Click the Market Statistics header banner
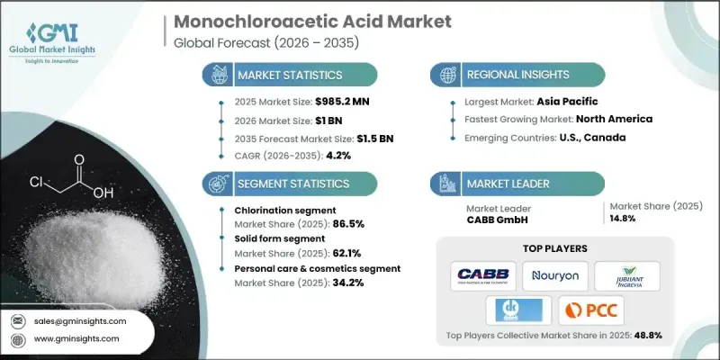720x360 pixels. click(x=288, y=75)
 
